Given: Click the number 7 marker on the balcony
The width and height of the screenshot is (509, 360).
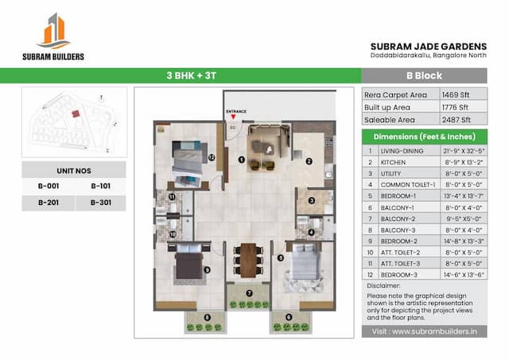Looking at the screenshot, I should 249,292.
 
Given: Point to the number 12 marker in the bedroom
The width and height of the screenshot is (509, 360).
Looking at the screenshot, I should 212,157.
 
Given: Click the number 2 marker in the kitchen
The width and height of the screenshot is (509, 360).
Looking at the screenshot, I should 309,161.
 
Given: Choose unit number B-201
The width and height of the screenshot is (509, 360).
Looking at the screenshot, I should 48,202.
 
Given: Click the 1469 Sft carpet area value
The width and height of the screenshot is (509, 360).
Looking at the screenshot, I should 458,94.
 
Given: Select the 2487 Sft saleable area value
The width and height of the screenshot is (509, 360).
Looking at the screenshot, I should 458,121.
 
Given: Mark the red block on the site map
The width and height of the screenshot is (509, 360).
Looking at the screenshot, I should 76,113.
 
